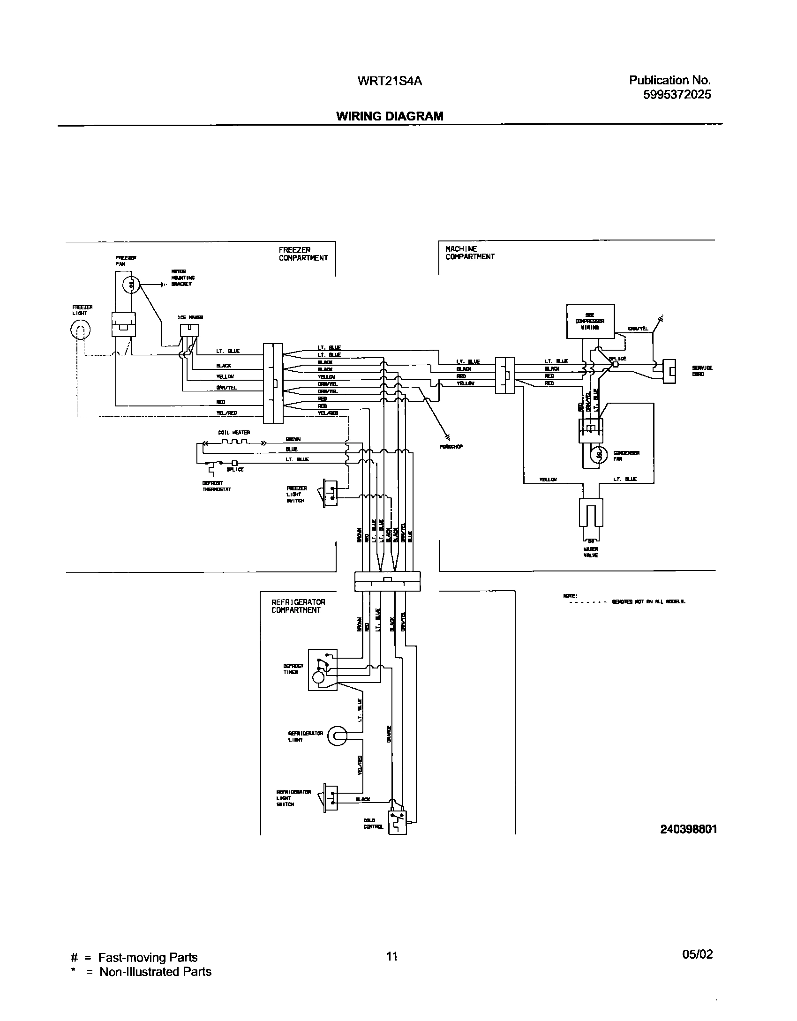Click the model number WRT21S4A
(x=390, y=81)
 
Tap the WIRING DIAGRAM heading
(x=390, y=116)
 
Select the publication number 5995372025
(x=677, y=95)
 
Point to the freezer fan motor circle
(x=132, y=284)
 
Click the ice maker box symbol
(x=189, y=330)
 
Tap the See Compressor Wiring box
(x=590, y=321)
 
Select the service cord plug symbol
(x=669, y=372)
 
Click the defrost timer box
(x=323, y=670)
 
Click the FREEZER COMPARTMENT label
(x=303, y=254)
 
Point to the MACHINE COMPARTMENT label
(x=470, y=253)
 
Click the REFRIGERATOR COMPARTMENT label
(x=298, y=606)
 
